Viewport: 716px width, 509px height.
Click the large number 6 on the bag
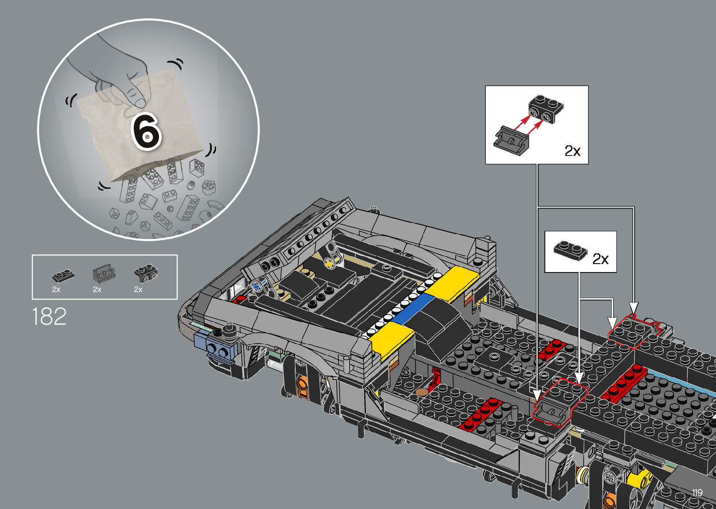(x=146, y=132)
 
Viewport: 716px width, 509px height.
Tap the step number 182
(x=49, y=316)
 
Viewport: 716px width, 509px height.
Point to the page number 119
(x=698, y=492)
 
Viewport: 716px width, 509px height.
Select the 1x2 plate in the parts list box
(x=63, y=276)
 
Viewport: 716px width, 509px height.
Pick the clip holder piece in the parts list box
(x=104, y=274)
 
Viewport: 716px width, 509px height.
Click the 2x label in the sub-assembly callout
(x=572, y=151)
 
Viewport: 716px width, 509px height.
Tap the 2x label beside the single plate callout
(x=600, y=259)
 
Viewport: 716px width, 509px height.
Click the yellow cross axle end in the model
(x=329, y=264)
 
